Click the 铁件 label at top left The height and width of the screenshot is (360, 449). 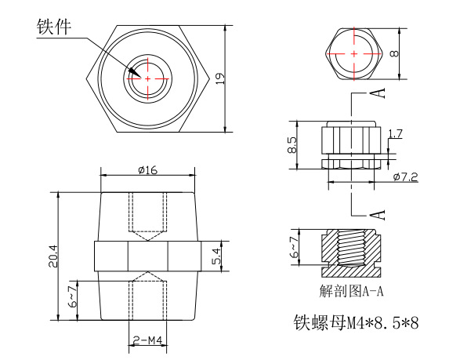coord(53,26)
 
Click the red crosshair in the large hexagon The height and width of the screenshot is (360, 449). coord(147,78)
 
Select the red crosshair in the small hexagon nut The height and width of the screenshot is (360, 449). coord(354,53)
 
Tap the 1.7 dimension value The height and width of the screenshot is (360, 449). coord(395,134)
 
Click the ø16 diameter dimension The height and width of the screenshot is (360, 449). coord(147,169)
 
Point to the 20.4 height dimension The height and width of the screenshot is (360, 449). coord(53,256)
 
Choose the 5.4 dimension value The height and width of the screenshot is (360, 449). coord(217,256)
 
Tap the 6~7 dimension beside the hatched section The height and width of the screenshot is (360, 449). coord(293,248)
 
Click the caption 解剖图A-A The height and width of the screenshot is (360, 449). coord(352,292)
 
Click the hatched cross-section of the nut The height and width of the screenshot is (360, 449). coord(352,249)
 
